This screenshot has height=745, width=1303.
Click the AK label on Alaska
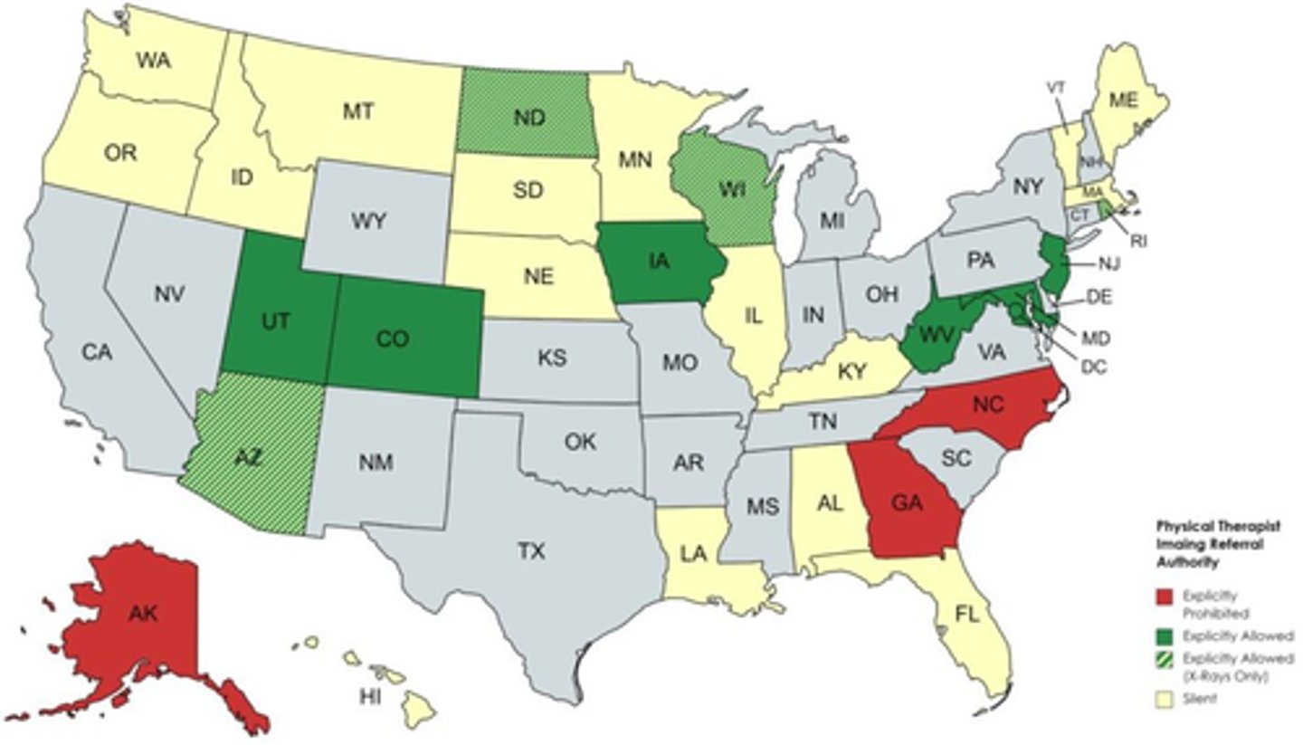[143, 615]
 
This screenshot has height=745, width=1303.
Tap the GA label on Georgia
[906, 504]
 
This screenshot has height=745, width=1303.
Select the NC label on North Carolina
[989, 406]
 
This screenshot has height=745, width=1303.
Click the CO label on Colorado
[393, 339]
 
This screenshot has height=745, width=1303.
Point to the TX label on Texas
[531, 550]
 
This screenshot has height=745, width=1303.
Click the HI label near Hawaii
[369, 696]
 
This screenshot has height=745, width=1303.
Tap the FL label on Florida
[967, 615]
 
